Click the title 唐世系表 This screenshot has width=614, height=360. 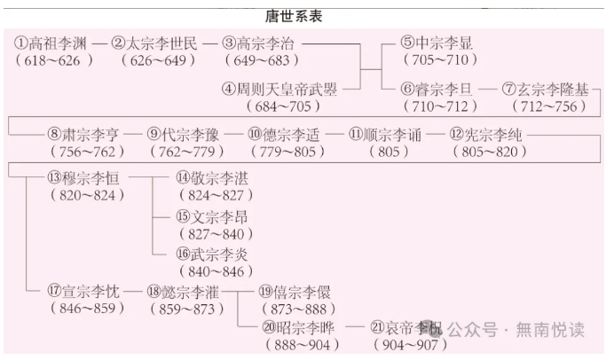click(306, 16)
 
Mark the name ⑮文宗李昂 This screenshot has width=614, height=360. click(212, 217)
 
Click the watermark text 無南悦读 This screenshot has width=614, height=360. click(552, 330)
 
